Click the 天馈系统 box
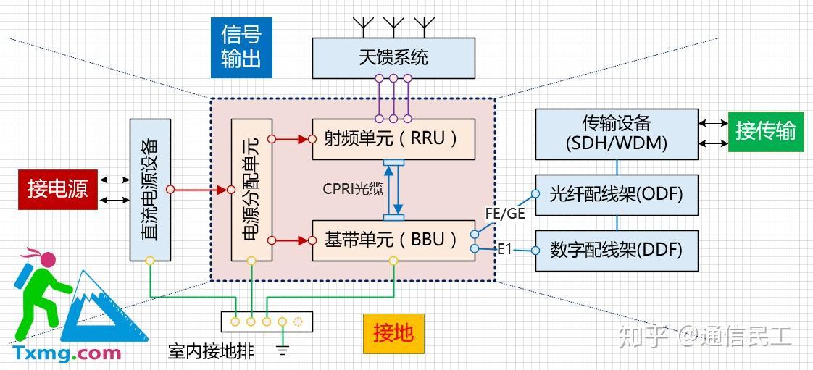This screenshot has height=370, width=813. tap(393, 58)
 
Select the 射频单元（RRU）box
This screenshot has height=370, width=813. tap(393, 139)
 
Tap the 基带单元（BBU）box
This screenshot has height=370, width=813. tap(393, 240)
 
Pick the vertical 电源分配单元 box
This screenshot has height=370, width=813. tap(251, 190)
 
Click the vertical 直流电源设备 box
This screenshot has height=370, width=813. tap(150, 190)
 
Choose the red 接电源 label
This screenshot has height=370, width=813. tap(58, 189)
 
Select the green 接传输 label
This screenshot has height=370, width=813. tap(766, 132)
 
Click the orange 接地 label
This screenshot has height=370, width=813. tap(393, 334)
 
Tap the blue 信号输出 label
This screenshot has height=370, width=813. tap(241, 48)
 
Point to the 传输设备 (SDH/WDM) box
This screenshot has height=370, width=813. tap(617, 134)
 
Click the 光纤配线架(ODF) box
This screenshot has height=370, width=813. tap(617, 195)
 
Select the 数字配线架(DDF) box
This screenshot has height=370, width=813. tap(617, 251)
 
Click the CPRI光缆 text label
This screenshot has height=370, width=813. tap(353, 190)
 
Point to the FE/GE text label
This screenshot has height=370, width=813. tap(505, 213)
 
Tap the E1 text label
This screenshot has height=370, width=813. tap(505, 250)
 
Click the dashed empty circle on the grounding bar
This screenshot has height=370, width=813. tap(298, 321)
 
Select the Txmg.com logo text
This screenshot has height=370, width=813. tap(67, 353)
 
